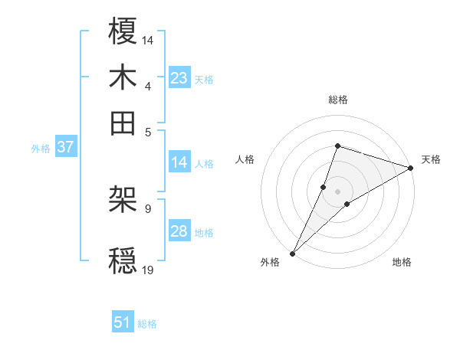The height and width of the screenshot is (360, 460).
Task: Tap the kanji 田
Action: tap(123, 122)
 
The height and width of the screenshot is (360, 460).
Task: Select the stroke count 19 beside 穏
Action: tap(149, 270)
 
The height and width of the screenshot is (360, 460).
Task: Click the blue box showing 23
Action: tap(179, 78)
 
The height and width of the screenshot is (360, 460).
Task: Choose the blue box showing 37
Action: tap(65, 148)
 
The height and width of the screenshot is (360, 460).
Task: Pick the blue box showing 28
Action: tap(179, 231)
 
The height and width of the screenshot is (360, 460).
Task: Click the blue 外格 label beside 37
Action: tap(41, 149)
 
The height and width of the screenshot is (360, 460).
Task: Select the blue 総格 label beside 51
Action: tap(147, 324)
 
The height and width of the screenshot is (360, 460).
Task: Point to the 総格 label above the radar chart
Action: tap(337, 100)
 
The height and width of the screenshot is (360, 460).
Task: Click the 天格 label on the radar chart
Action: tap(431, 159)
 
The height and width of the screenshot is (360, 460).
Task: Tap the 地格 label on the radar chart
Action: tap(402, 263)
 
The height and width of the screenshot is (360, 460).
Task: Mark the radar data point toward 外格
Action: tap(292, 254)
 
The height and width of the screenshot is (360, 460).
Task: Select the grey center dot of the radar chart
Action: tap(337, 191)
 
